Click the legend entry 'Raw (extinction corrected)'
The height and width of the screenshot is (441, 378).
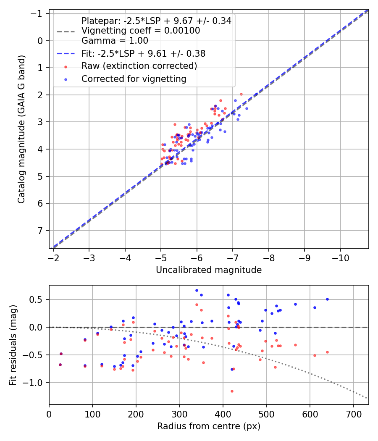139,66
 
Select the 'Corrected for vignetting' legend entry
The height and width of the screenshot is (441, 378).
134,79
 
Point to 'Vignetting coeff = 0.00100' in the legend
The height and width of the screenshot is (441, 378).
141,31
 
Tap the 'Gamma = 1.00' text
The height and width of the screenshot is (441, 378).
115,41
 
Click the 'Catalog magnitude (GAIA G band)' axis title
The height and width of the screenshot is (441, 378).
21,129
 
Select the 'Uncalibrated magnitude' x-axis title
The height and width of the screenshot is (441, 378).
209,270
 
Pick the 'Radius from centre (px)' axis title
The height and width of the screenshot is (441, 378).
209,426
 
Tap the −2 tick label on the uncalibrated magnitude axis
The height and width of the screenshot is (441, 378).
53,257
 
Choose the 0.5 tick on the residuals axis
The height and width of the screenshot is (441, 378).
39,299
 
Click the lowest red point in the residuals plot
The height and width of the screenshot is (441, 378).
232,391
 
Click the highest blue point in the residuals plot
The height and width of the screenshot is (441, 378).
197,290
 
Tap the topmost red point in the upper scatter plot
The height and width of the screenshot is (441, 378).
241,94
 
